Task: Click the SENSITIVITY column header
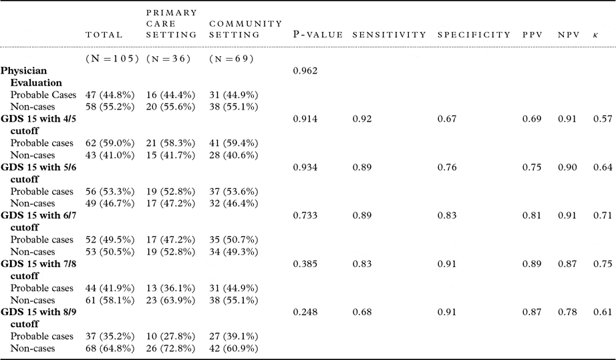point(389,35)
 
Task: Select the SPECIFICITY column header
point(474,35)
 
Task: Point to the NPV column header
point(567,35)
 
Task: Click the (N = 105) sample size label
point(111,58)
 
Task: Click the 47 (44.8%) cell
point(111,94)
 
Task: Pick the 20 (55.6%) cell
point(170,106)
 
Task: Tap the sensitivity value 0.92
point(361,118)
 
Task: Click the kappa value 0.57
point(602,118)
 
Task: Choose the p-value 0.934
point(305,167)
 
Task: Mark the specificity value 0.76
point(446,167)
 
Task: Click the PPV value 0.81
point(531,215)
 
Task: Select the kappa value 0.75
point(602,264)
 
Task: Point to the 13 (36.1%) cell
point(170,288)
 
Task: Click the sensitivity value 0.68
point(361,312)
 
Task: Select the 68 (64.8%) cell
point(111,348)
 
